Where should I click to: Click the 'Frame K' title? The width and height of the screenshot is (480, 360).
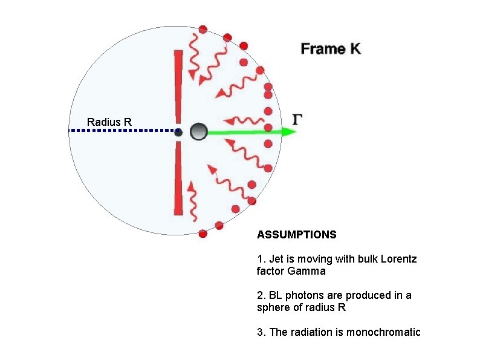(331, 49)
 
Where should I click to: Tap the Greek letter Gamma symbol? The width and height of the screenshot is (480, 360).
(297, 119)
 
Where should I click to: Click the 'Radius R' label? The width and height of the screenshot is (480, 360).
(109, 122)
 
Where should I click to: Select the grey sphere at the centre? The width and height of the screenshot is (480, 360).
(198, 131)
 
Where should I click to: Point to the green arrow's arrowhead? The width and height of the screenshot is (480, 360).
(291, 131)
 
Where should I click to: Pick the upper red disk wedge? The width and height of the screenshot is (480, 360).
(178, 85)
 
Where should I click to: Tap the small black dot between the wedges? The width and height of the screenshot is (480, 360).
(178, 132)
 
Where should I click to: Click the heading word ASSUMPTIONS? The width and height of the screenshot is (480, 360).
(296, 234)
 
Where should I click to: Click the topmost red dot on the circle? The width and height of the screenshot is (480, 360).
(203, 29)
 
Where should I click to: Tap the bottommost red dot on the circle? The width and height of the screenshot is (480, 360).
(203, 234)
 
